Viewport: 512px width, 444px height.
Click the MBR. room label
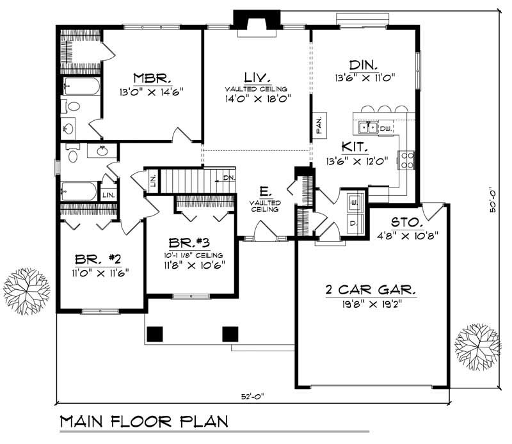pos(152,78)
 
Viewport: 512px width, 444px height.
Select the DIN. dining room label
pos(363,65)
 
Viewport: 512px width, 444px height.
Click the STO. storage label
pos(404,223)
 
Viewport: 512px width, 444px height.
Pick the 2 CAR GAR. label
pos(370,290)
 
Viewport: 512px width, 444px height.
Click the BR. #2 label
pos(98,259)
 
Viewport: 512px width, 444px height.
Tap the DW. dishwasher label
pos(385,129)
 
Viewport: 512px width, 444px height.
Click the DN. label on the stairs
pos(228,177)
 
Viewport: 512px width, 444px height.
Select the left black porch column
pos(154,333)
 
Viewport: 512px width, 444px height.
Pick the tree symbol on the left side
pos(27,289)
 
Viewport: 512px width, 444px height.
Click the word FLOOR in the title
pos(154,422)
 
